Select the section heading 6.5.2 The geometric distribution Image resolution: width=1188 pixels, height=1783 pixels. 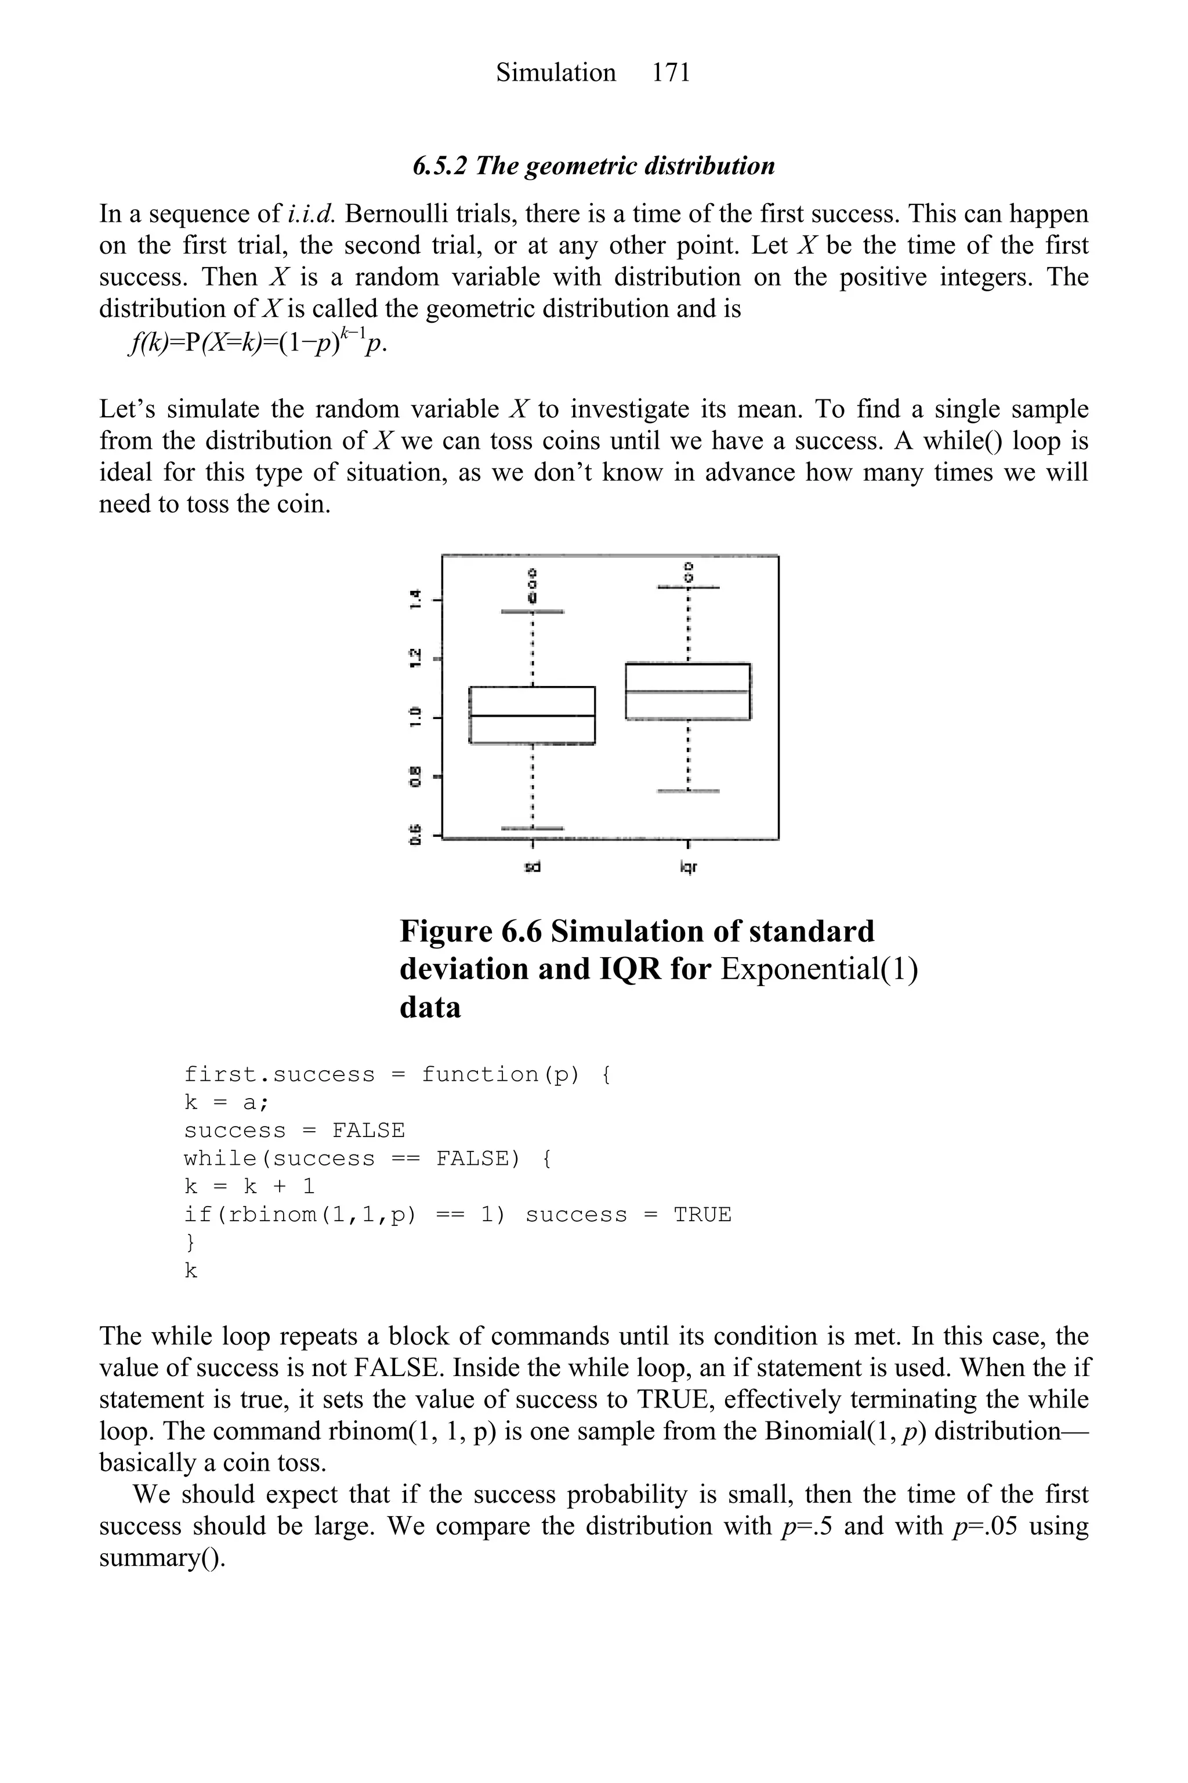tap(593, 166)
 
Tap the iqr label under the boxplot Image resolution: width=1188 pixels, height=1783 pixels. tap(687, 867)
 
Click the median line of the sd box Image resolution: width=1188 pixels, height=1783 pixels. tap(532, 716)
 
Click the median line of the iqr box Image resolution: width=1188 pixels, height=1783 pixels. tap(687, 691)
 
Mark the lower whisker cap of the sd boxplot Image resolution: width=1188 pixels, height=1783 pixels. tap(532, 828)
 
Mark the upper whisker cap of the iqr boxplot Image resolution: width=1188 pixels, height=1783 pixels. tap(687, 587)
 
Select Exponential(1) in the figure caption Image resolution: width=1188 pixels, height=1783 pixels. tap(819, 969)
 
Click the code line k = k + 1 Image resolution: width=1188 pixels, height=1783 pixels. tap(249, 1186)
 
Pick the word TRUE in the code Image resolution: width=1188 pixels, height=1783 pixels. tap(702, 1214)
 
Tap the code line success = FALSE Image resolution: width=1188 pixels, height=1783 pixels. tap(294, 1130)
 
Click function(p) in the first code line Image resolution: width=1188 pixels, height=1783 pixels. tap(501, 1074)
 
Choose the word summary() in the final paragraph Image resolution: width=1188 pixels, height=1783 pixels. tap(162, 1558)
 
